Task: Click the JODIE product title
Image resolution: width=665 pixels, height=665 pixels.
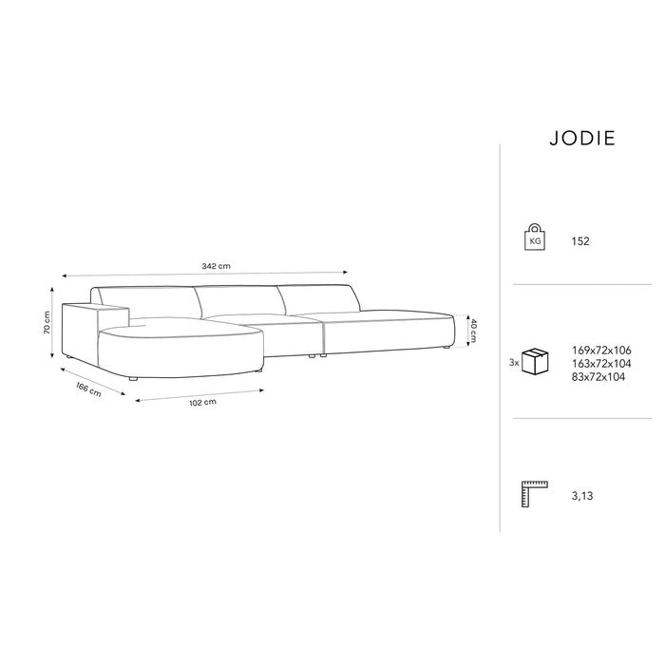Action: (582, 138)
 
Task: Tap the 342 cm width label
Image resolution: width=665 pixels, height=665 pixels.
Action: (216, 266)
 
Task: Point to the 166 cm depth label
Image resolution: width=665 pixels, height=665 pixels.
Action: (87, 389)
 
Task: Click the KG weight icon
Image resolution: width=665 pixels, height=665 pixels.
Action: (536, 240)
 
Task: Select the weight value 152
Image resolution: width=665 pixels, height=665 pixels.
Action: (580, 241)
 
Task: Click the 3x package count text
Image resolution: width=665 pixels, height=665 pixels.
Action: (514, 362)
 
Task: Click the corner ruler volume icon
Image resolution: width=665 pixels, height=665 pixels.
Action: (536, 495)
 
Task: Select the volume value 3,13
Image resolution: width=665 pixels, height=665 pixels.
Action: (581, 496)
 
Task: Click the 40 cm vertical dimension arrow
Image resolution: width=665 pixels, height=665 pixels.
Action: (464, 331)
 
